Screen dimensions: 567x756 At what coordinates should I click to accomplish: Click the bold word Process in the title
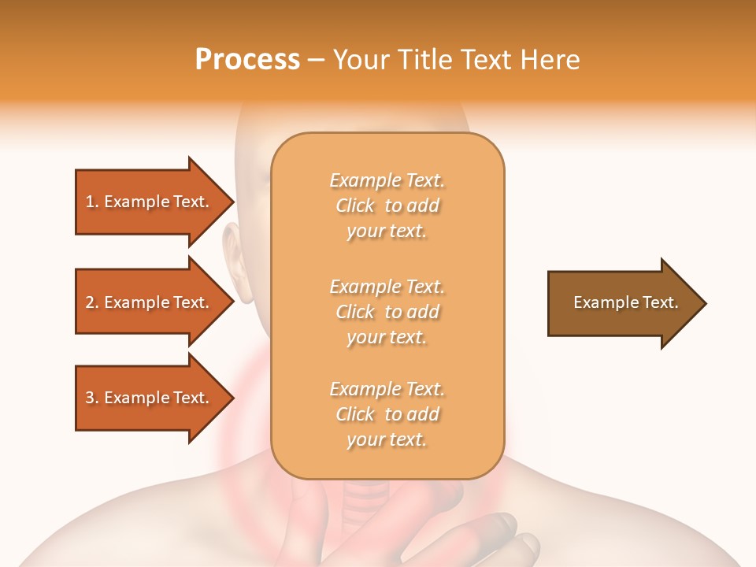pyautogui.click(x=247, y=60)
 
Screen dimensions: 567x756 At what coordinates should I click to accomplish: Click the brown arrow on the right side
pyautogui.click(x=622, y=303)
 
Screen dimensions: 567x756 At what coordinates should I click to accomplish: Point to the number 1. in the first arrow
pyautogui.click(x=92, y=202)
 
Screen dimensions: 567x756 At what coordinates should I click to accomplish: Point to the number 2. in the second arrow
pyautogui.click(x=92, y=302)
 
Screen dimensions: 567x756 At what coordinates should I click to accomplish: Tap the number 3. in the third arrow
pyautogui.click(x=92, y=398)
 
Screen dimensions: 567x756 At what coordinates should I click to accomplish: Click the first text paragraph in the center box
pyautogui.click(x=387, y=206)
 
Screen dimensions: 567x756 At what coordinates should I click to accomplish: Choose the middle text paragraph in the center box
pyautogui.click(x=387, y=312)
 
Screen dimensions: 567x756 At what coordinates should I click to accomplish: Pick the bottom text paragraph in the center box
pyautogui.click(x=387, y=414)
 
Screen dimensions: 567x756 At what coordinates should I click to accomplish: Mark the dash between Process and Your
pyautogui.click(x=316, y=60)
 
